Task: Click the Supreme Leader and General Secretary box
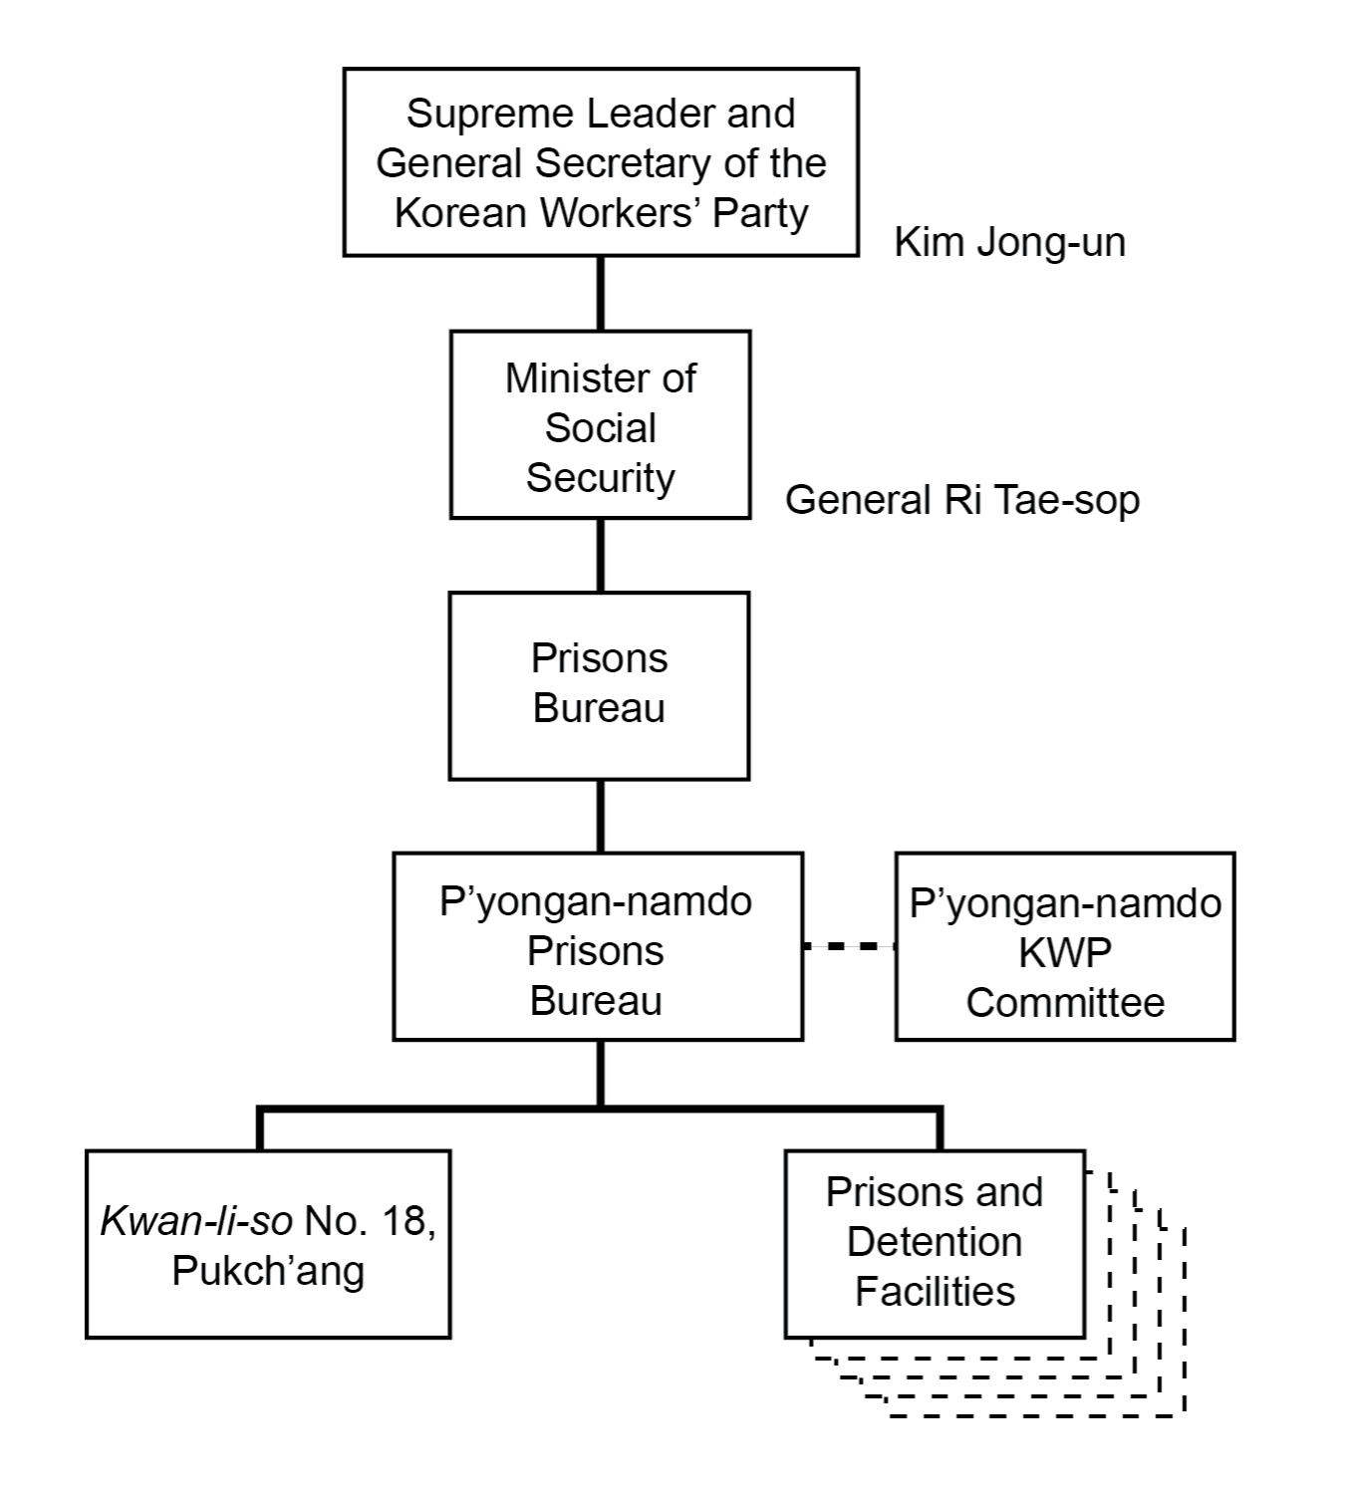coord(600,162)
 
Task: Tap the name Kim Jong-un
coord(1009,242)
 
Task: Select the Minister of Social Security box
coord(600,425)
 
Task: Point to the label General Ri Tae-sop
coord(961,499)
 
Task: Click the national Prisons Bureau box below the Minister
coord(599,685)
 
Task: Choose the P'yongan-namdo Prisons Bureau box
coord(597,946)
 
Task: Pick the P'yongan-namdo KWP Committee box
coord(1064,946)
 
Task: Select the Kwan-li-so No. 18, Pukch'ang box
coord(267,1243)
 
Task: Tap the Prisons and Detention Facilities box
coord(934,1243)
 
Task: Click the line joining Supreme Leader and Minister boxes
coord(600,293)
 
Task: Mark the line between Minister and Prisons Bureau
coord(600,555)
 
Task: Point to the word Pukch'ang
coord(267,1270)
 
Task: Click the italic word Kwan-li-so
coord(196,1221)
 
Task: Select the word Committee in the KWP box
coord(1064,1002)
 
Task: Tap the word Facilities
coord(935,1291)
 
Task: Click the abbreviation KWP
coord(1064,952)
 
